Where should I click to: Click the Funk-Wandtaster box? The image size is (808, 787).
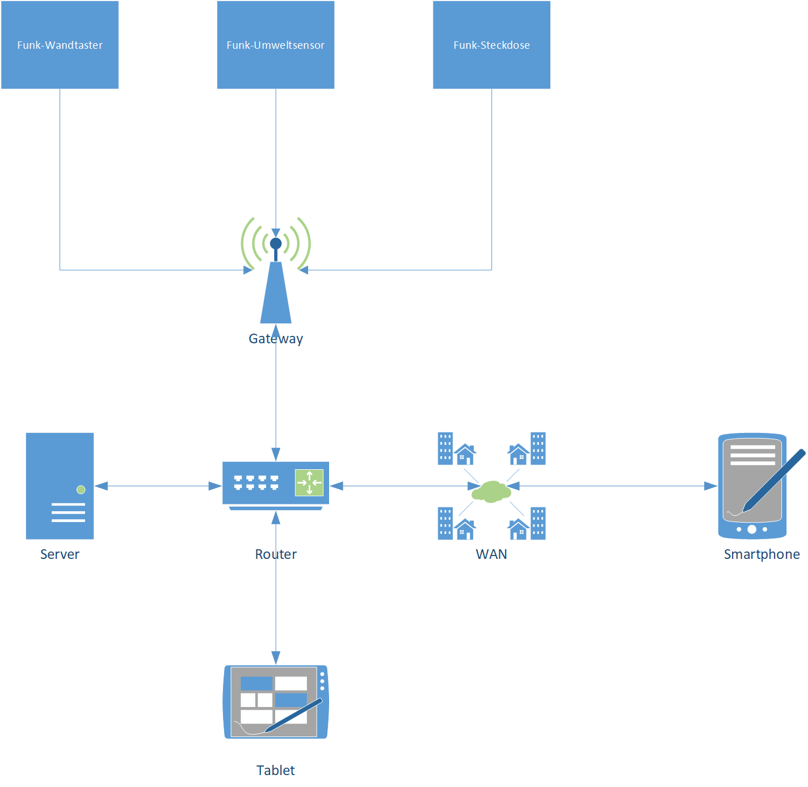60,45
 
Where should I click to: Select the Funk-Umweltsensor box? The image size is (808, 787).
275,45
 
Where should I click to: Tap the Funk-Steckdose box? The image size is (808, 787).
491,45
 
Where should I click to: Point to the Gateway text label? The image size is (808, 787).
276,339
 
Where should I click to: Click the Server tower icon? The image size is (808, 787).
60,486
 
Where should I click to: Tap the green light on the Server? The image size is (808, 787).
81,489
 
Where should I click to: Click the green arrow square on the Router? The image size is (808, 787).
309,483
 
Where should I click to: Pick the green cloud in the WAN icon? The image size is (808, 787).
491,491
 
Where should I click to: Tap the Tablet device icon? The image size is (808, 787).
276,702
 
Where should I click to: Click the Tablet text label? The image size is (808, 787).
276,770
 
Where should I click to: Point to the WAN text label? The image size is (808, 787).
491,554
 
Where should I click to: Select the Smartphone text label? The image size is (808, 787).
761,554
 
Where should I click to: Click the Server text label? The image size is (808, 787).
60,554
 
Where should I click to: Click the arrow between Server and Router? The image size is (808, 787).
158,486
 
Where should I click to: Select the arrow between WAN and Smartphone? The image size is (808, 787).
613,486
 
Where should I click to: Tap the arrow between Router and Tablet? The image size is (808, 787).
276,613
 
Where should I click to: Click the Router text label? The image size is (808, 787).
276,554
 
